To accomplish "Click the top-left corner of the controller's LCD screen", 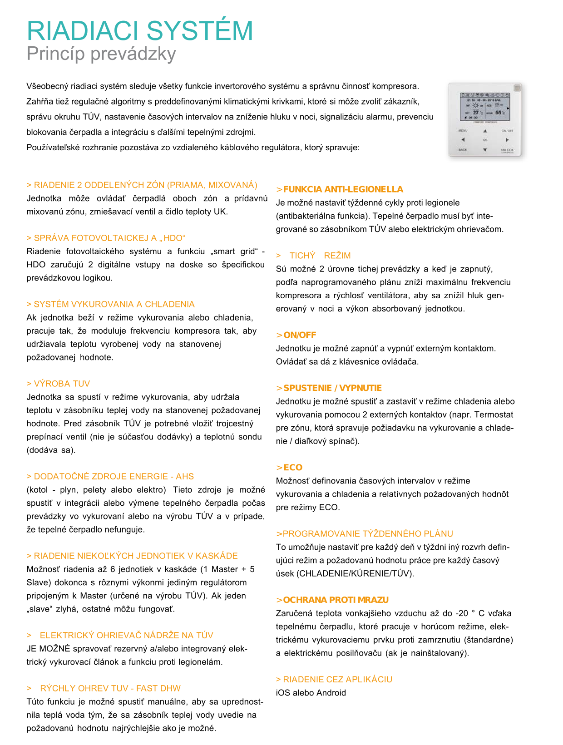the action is [460, 93].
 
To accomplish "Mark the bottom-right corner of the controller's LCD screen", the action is [510, 120].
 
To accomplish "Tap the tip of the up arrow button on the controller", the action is [485, 129].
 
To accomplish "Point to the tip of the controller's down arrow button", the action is [485, 151].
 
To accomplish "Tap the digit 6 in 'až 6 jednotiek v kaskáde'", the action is [113, 569].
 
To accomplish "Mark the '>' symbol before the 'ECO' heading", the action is [279, 467].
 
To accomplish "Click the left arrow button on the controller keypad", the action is [463, 139].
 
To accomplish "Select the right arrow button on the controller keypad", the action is [507, 139].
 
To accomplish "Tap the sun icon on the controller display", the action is [475, 106].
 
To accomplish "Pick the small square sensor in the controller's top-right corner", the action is [517, 88].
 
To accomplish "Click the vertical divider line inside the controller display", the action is [485, 109].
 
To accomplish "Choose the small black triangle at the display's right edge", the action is [508, 108].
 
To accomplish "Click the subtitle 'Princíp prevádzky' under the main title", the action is [101, 54].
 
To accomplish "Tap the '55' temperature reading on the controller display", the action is [498, 112].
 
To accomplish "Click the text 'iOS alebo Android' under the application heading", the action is [311, 692].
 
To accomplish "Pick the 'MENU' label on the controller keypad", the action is [463, 130].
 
